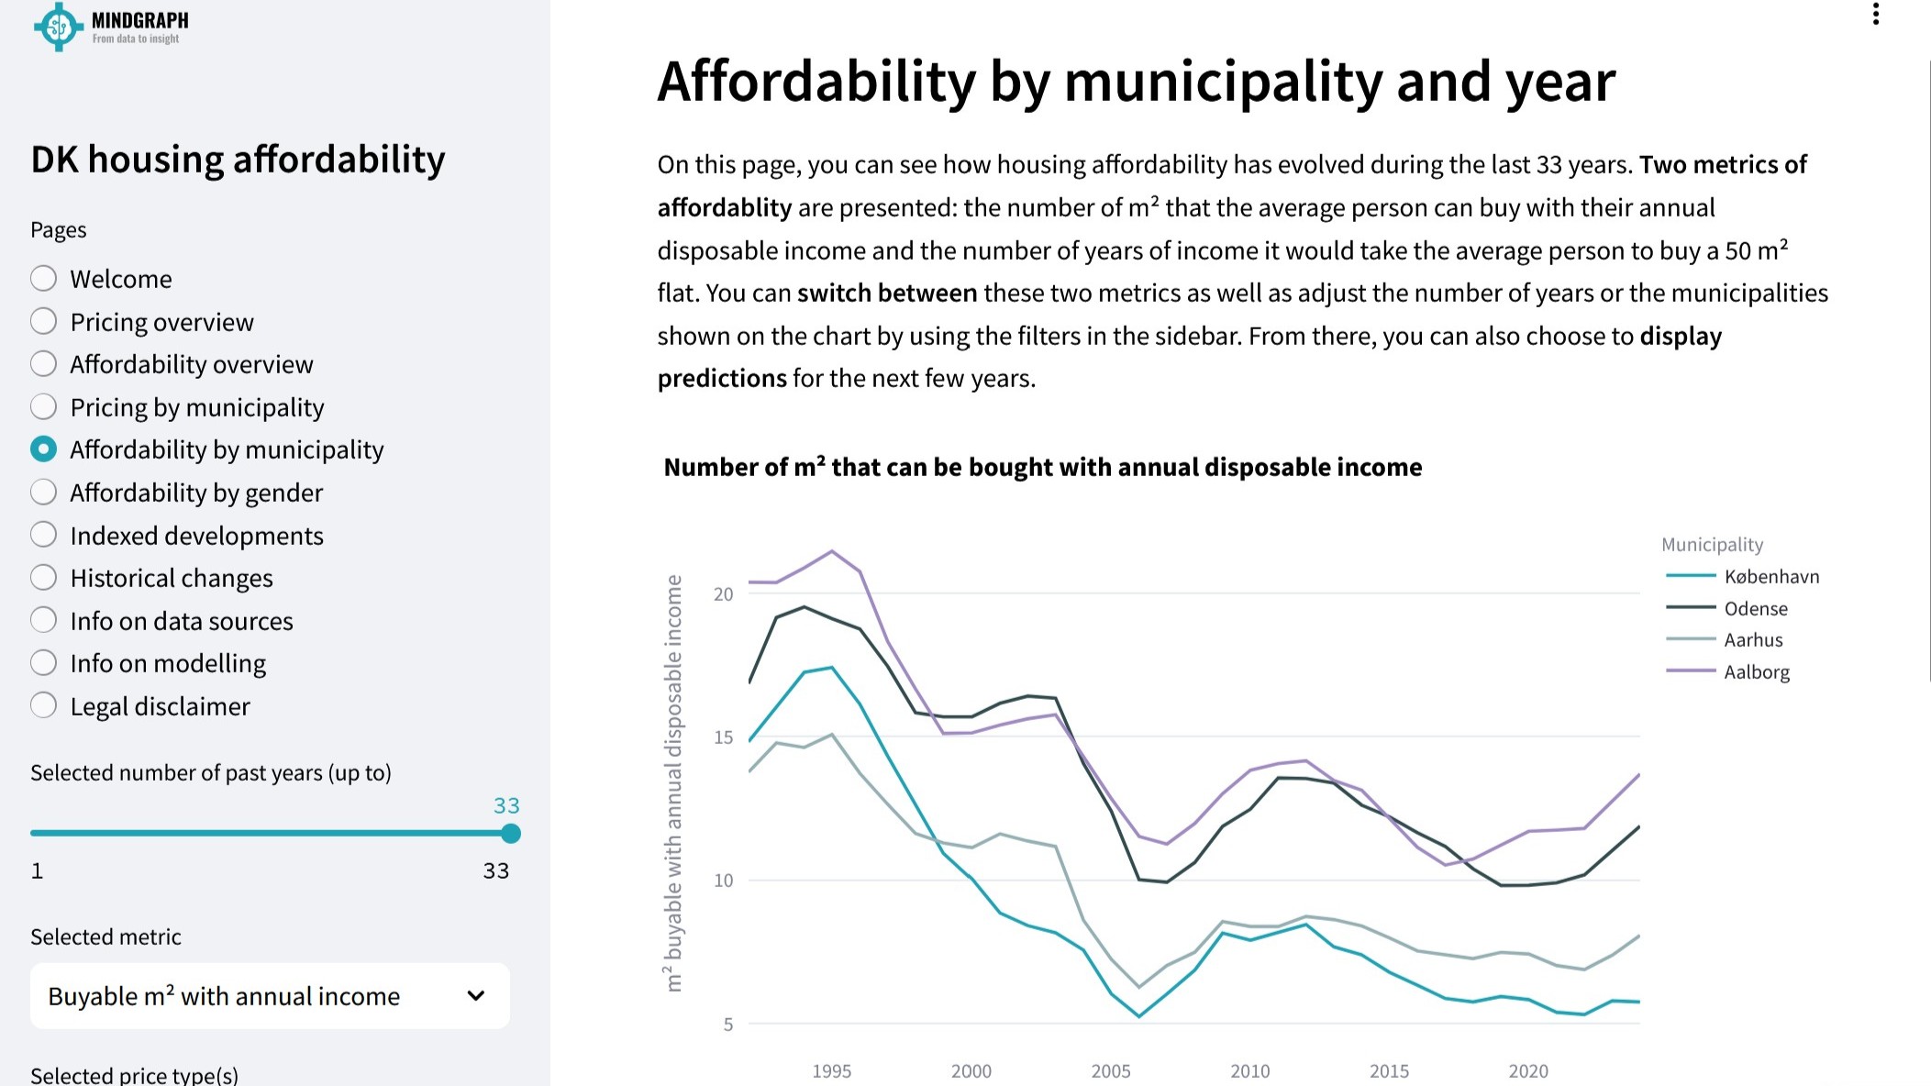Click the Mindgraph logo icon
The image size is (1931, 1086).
point(58,27)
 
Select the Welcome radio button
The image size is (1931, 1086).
point(43,278)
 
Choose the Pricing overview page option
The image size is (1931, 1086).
point(43,321)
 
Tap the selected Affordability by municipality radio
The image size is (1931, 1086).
point(43,449)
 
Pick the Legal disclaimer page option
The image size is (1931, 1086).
point(43,705)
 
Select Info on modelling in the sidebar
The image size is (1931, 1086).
point(43,662)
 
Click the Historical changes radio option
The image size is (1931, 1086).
point(43,577)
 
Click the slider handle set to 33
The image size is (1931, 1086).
point(511,833)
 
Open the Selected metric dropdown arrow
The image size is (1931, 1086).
point(475,995)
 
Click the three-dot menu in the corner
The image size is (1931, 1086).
point(1875,14)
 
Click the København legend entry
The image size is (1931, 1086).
point(1770,576)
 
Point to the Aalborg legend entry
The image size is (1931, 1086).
point(1756,671)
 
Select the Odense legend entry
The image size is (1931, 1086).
point(1755,608)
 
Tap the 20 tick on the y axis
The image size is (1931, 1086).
point(724,593)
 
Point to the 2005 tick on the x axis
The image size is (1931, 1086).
point(1110,1070)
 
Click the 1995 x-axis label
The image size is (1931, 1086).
point(831,1070)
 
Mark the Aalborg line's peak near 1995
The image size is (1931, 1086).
point(832,551)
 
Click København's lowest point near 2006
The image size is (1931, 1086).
point(1138,1016)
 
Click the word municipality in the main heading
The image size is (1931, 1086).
point(1222,81)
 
